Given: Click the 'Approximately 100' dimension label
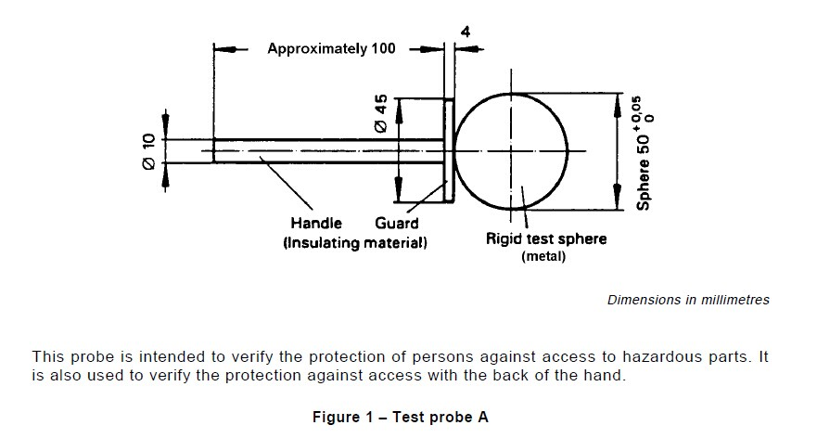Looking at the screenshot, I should [x=331, y=48].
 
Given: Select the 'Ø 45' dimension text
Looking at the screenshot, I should [x=381, y=115].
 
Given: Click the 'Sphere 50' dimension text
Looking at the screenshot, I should [x=645, y=173].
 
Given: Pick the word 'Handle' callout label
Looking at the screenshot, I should [x=316, y=223].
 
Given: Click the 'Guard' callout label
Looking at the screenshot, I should [x=397, y=223].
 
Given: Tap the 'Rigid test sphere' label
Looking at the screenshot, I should [x=546, y=238].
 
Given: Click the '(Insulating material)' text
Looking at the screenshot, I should [x=355, y=242].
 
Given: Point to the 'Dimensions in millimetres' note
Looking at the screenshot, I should [x=688, y=300].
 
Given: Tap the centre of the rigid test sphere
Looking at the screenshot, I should [x=511, y=150].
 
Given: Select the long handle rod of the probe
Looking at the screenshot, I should [x=325, y=150].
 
